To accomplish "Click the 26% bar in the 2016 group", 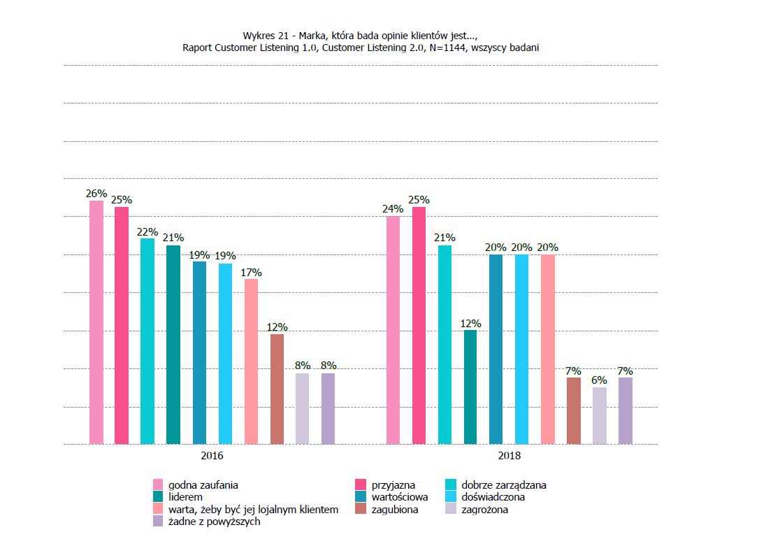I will tap(96, 322).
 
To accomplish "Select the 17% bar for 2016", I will tap(251, 361).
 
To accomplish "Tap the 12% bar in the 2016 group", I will tap(277, 389).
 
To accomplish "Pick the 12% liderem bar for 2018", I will tap(470, 387).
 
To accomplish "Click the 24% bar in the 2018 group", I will tap(393, 330).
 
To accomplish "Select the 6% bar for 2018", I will tap(600, 415).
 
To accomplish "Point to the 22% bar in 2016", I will tap(147, 341).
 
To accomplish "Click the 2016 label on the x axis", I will tap(212, 456).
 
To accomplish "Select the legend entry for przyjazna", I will tap(393, 484).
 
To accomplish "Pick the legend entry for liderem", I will tap(185, 497).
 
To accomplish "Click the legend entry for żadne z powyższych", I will tap(214, 522).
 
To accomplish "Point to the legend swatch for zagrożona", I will tap(451, 510).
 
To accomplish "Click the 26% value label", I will tap(96, 194).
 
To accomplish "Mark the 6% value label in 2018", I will tap(600, 380).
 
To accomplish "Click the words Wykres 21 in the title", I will tap(265, 35).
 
